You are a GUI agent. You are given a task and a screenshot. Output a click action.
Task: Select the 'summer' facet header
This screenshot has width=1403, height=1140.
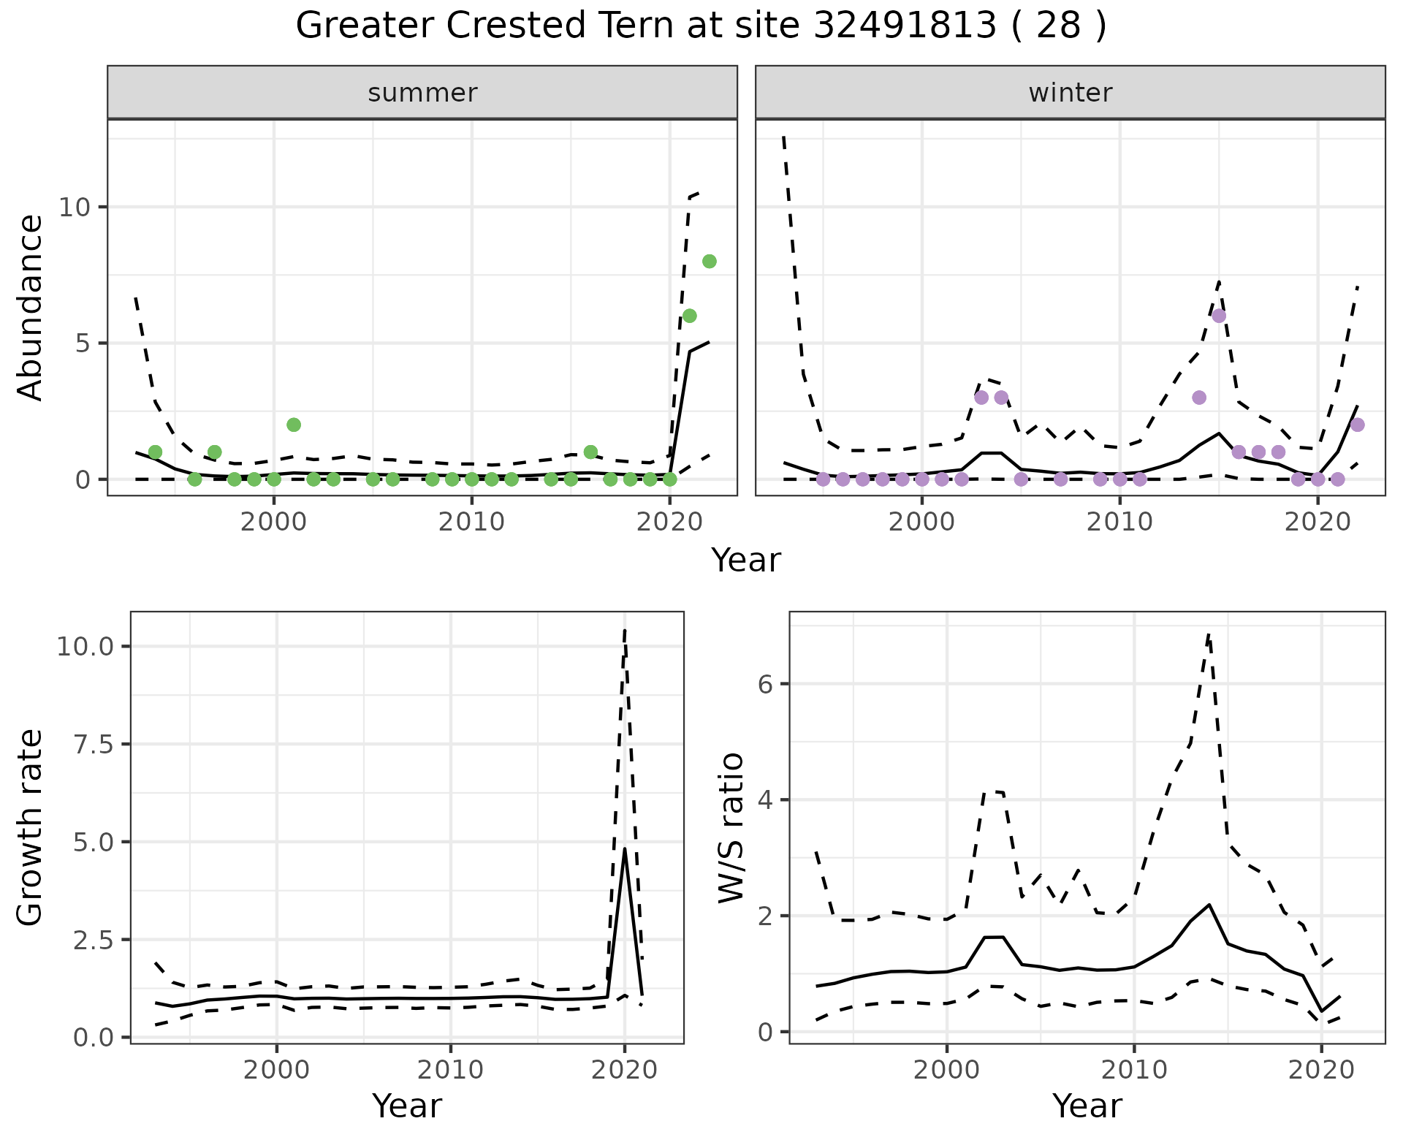(x=422, y=93)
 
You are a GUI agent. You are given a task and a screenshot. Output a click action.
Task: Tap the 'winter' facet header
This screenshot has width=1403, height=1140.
(x=1070, y=93)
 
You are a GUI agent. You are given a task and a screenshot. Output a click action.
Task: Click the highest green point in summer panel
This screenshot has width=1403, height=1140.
(x=709, y=262)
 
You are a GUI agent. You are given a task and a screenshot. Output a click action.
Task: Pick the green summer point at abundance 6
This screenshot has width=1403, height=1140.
(x=689, y=316)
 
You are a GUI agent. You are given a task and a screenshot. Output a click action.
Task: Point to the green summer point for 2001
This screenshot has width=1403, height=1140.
(x=294, y=425)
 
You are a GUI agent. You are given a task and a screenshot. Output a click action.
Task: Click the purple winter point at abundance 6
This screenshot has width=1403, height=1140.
(x=1219, y=316)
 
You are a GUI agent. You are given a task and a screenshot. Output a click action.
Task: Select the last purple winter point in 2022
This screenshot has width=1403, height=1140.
(x=1357, y=425)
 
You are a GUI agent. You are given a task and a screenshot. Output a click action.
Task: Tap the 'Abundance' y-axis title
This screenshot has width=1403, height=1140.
(x=31, y=308)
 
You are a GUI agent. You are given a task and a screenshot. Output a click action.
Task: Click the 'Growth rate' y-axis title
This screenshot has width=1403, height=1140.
(x=31, y=827)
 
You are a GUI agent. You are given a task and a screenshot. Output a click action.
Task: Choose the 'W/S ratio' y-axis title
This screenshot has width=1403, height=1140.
(x=731, y=827)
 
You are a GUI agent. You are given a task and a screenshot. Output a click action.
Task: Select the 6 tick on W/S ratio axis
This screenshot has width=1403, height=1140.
(x=766, y=685)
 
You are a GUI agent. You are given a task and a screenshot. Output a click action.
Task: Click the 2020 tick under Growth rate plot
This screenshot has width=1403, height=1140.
(x=624, y=1071)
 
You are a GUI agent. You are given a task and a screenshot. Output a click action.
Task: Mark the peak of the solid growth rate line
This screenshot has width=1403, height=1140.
(x=624, y=848)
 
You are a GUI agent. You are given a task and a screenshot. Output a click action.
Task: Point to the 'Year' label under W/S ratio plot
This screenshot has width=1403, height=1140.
(x=1087, y=1106)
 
